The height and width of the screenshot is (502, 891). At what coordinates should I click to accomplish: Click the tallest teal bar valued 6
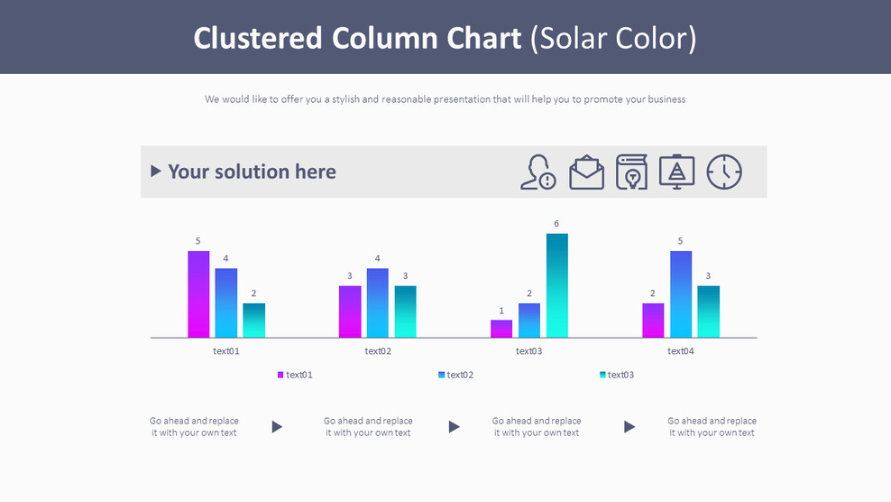[x=556, y=285]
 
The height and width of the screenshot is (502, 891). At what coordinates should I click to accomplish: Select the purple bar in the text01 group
[x=198, y=293]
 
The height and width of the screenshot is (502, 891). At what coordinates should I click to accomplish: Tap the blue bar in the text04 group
[x=681, y=293]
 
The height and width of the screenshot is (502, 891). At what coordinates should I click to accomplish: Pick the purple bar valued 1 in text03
[x=501, y=329]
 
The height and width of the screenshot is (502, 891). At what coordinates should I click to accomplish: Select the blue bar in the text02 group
[x=378, y=302]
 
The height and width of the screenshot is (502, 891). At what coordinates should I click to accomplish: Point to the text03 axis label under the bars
[x=528, y=351]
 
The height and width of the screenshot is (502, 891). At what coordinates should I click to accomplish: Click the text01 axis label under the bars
[x=226, y=351]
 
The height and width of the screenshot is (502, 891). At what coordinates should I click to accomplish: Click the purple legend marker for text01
[x=280, y=375]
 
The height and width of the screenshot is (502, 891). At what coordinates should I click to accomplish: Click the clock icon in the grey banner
[x=723, y=172]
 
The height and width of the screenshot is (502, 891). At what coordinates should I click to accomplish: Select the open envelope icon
[x=586, y=172]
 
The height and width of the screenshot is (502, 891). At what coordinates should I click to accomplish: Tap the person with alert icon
[x=537, y=172]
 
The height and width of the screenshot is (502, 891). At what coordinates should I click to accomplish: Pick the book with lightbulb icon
[x=632, y=172]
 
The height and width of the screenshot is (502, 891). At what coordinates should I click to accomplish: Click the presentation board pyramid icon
[x=676, y=172]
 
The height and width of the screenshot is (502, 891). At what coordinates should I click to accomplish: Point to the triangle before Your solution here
[x=156, y=171]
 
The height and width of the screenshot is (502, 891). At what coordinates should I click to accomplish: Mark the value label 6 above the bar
[x=556, y=224]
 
